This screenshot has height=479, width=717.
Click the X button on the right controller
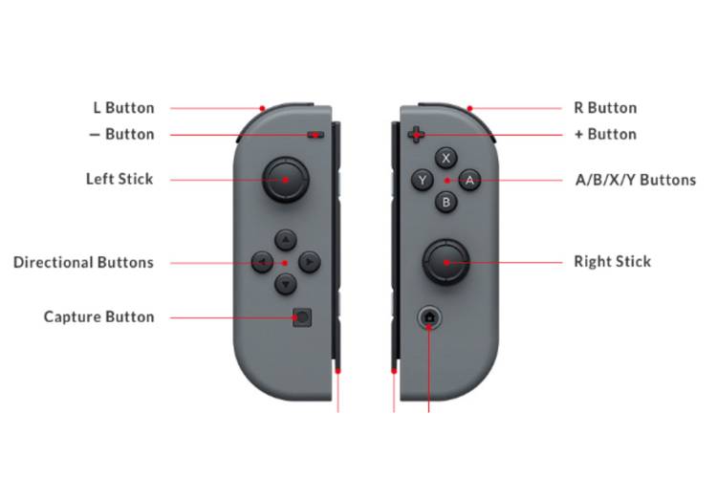click(445, 159)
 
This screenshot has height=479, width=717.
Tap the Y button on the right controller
click(423, 180)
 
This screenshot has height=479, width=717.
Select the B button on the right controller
click(445, 202)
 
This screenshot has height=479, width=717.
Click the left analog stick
click(285, 180)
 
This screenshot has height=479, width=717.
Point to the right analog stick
click(445, 262)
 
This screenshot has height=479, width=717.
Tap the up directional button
click(286, 240)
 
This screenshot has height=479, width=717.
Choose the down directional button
click(286, 284)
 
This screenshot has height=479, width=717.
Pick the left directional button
click(263, 262)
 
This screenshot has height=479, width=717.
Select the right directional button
click(310, 262)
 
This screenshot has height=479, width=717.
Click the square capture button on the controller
click(302, 317)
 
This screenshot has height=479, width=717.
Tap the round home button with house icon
click(429, 316)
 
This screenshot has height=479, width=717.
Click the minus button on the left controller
click(315, 135)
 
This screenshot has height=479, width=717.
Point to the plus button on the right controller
click(416, 135)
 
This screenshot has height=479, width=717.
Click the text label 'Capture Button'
click(98, 316)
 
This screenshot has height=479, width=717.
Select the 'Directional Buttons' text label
click(83, 262)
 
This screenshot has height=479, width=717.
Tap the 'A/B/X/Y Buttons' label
click(636, 180)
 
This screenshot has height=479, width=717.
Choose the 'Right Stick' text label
click(612, 261)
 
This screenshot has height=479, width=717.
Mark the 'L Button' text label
click(123, 108)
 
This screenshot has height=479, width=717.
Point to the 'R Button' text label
click(605, 108)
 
